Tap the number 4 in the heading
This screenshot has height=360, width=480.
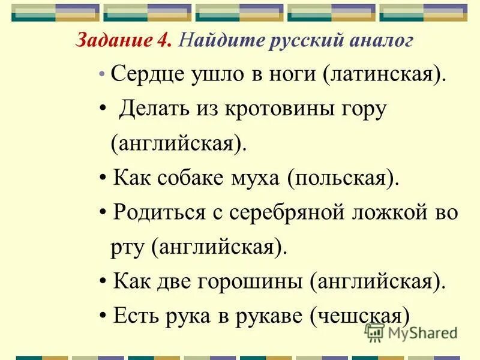click(166, 41)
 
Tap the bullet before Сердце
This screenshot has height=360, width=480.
click(102, 76)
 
